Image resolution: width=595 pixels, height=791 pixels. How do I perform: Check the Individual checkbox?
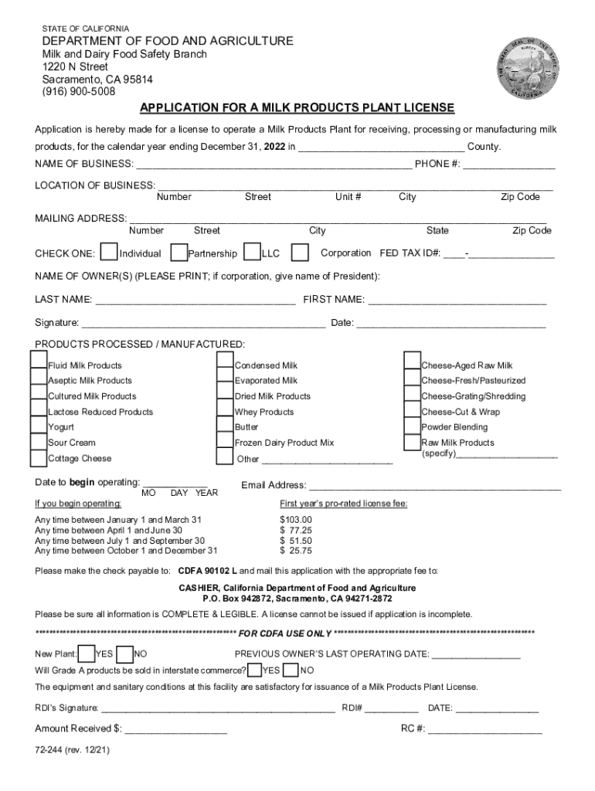(x=110, y=253)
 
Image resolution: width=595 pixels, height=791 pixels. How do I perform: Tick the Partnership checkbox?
(x=178, y=253)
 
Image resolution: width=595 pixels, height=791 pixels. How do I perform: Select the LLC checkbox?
(x=252, y=253)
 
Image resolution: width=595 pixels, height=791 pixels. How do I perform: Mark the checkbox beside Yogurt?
(x=38, y=426)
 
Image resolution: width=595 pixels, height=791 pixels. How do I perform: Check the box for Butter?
(x=225, y=426)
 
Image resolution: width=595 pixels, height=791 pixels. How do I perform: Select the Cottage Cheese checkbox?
(x=38, y=457)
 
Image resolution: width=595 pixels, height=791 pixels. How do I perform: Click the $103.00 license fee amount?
(x=296, y=520)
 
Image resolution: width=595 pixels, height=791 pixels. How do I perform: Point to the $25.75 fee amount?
(x=296, y=552)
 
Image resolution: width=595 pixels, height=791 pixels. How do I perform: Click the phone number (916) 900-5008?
(x=78, y=91)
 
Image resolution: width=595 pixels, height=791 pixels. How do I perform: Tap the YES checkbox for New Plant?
(x=87, y=654)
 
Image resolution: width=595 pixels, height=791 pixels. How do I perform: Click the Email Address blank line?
(x=435, y=486)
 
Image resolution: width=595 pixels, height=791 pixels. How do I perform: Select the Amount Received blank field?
(x=175, y=728)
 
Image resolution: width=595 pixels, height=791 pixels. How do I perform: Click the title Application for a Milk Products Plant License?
(x=297, y=107)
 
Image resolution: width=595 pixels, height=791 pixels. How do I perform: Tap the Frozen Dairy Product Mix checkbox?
(x=225, y=442)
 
